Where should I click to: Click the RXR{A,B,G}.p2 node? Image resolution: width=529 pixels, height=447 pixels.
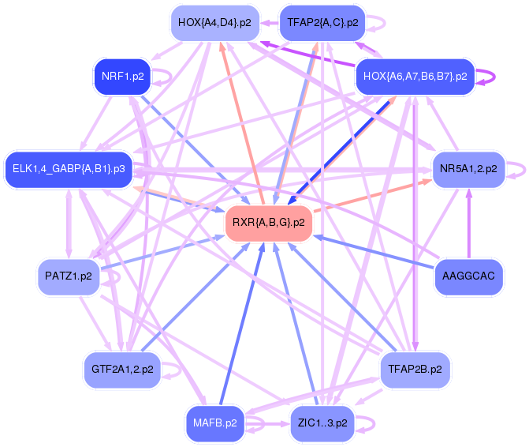[269, 223]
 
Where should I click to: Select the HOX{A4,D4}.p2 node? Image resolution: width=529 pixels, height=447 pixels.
[215, 23]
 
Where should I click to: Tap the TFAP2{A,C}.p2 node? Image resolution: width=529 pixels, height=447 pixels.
[322, 23]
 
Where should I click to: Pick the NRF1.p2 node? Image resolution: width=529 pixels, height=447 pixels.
[122, 77]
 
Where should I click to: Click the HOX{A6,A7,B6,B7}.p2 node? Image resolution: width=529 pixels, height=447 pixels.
[415, 77]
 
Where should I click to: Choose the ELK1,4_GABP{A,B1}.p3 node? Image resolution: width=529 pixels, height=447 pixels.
[69, 169]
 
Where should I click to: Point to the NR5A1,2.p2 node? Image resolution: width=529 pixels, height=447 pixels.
[468, 169]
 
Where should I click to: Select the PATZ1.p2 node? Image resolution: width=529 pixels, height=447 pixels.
[69, 276]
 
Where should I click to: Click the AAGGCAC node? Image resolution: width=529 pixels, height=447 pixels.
[468, 276]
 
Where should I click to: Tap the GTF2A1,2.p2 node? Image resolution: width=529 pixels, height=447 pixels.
[122, 370]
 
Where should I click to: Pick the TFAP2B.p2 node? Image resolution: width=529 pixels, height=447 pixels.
[415, 370]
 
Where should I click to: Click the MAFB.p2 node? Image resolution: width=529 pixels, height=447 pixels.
[215, 423]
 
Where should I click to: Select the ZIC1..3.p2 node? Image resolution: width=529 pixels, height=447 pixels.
[322, 423]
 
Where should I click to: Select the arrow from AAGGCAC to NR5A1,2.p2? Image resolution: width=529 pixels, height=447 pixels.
[468, 223]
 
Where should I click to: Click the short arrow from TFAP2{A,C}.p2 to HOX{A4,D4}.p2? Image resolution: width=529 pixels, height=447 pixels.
[270, 23]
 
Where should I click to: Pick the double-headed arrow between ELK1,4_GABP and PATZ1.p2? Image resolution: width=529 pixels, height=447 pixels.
[69, 223]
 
